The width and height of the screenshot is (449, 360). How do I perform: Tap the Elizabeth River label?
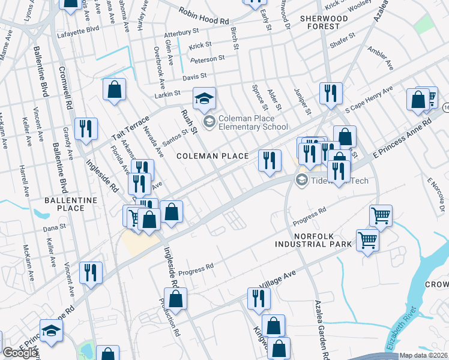[x=401, y=329]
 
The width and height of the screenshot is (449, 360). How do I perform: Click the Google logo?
[x=20, y=353]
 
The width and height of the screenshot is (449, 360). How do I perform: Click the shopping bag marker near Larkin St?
[x=114, y=90]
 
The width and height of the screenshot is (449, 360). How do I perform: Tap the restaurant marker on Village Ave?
[x=259, y=298]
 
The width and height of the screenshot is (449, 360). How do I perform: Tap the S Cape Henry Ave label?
[x=369, y=97]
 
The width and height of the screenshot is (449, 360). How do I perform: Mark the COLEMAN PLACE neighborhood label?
[x=212, y=156]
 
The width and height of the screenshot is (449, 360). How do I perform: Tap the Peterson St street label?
[x=207, y=59]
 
